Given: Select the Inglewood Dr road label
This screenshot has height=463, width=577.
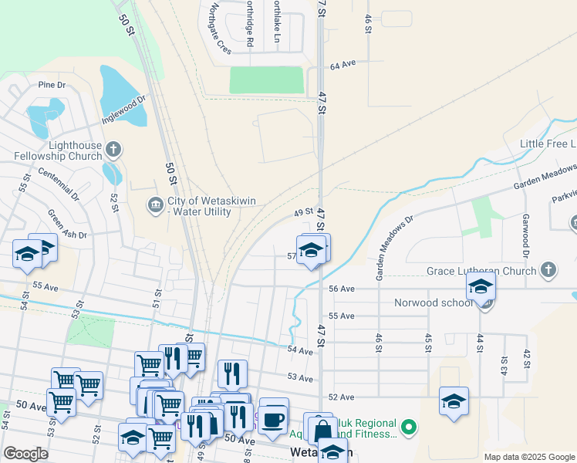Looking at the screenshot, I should (x=123, y=110).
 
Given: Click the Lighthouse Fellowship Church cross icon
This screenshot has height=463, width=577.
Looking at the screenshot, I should (x=113, y=149).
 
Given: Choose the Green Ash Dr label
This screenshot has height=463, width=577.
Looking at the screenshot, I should (x=68, y=225).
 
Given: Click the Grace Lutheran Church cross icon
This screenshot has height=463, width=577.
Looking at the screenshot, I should (x=548, y=270).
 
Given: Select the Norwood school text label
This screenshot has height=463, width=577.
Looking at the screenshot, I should (x=433, y=302).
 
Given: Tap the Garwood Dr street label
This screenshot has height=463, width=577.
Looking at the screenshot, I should (x=525, y=236).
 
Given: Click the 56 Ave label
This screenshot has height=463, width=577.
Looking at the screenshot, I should (x=341, y=289).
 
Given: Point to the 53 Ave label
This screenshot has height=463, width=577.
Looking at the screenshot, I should (x=300, y=378).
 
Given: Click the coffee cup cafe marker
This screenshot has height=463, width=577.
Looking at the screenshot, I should (x=273, y=417).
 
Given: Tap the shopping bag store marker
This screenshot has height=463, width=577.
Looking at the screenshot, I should (x=323, y=431).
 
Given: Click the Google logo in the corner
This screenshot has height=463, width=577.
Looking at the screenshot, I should (x=25, y=454).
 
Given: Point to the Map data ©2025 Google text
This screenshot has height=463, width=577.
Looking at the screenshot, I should (x=528, y=457).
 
